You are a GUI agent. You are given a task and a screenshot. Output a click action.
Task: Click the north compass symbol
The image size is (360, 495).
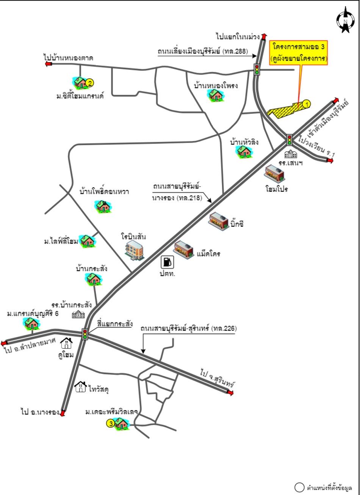[345, 20]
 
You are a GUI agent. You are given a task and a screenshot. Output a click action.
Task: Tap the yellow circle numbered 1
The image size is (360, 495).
[307, 104]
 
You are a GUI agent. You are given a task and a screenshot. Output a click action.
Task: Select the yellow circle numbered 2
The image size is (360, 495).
[90, 83]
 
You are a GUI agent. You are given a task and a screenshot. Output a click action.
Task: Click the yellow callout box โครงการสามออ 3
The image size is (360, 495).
[298, 53]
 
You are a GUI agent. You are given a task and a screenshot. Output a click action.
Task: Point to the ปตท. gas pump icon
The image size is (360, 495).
[167, 262]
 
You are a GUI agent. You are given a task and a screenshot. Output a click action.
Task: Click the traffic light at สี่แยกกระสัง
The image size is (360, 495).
[85, 334]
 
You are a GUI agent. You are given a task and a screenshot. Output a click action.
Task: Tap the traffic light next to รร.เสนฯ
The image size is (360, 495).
[290, 140]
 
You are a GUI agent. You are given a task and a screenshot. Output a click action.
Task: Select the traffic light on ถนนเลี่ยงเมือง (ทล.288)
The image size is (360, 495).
[257, 69]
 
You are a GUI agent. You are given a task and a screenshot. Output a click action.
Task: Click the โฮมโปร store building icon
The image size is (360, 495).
[274, 174]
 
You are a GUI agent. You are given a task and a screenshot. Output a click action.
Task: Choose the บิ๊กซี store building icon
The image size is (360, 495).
[219, 221]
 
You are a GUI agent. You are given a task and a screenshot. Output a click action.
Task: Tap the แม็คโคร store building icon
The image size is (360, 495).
[184, 250]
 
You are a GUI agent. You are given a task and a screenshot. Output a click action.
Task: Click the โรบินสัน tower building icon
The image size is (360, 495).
[135, 250]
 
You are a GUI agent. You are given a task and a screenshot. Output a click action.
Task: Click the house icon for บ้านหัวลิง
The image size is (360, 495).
[244, 151]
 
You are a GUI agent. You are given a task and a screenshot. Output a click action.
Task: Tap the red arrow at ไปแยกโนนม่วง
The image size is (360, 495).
[264, 37]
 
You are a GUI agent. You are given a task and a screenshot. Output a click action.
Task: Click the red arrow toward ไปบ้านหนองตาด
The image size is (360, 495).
[49, 64]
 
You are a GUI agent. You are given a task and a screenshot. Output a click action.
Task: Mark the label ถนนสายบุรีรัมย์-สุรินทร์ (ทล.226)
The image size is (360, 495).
[189, 328]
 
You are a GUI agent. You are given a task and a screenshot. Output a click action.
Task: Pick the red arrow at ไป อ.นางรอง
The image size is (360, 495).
[63, 413]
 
